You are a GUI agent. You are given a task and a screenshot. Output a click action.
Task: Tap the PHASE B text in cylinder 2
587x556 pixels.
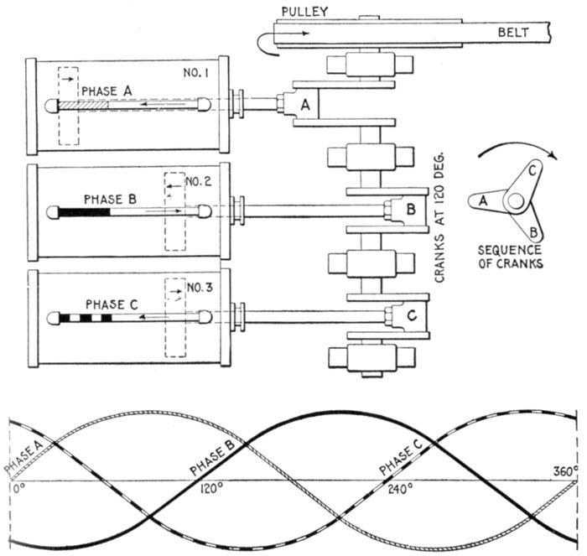[107, 200]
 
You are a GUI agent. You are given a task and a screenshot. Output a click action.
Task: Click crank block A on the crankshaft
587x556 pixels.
[305, 105]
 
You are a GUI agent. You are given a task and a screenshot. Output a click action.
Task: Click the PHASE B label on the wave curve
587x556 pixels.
[206, 460]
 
